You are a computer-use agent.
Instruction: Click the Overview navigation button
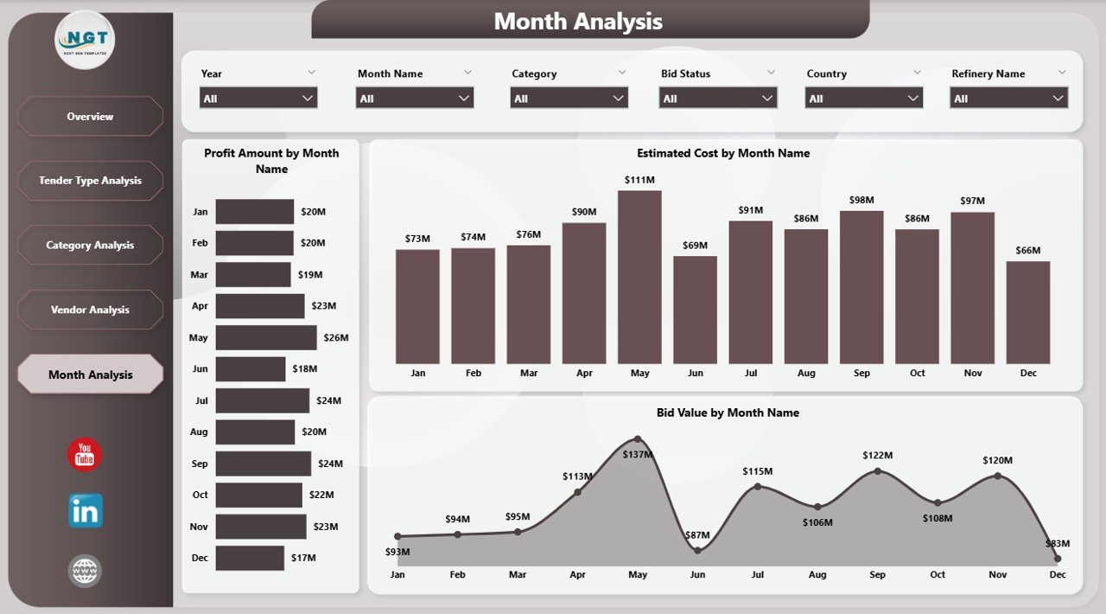click(x=90, y=116)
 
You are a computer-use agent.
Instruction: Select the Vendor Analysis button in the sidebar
click(x=90, y=310)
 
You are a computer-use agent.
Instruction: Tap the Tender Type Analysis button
click(x=90, y=181)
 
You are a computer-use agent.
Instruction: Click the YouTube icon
click(x=85, y=455)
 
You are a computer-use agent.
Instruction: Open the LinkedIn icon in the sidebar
click(x=85, y=511)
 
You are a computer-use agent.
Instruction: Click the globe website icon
click(x=85, y=571)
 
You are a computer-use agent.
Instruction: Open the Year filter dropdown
click(x=258, y=99)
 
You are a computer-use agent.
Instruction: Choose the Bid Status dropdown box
click(x=718, y=99)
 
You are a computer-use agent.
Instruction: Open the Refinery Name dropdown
click(x=1009, y=99)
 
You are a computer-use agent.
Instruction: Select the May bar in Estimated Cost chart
click(x=639, y=277)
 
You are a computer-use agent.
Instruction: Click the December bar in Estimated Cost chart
click(x=1028, y=312)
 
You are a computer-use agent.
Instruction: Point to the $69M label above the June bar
click(x=696, y=246)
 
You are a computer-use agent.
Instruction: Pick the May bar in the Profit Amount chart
click(x=266, y=337)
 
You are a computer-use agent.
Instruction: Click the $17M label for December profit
click(x=303, y=558)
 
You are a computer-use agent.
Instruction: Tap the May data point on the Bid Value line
click(x=638, y=439)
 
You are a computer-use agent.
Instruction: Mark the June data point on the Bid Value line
click(x=698, y=550)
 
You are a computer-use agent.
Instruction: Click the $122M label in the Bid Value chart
click(x=877, y=455)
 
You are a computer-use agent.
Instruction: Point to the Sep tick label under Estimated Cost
click(x=861, y=373)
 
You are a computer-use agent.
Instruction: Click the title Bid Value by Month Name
click(x=728, y=413)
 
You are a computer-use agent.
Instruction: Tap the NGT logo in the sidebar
click(x=85, y=40)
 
